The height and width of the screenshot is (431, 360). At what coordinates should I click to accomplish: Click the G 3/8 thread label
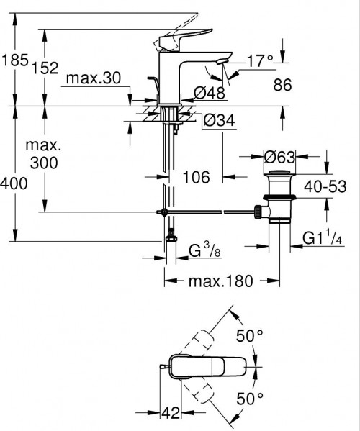(x=205, y=253)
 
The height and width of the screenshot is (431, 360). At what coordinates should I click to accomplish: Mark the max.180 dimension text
(x=221, y=282)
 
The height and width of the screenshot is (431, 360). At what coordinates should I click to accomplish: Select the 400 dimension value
(x=14, y=184)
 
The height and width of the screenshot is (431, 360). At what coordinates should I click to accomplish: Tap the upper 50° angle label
(x=250, y=335)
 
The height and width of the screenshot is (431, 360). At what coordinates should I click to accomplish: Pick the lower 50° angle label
(x=250, y=398)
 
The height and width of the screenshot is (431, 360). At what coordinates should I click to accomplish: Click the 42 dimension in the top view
(x=169, y=412)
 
